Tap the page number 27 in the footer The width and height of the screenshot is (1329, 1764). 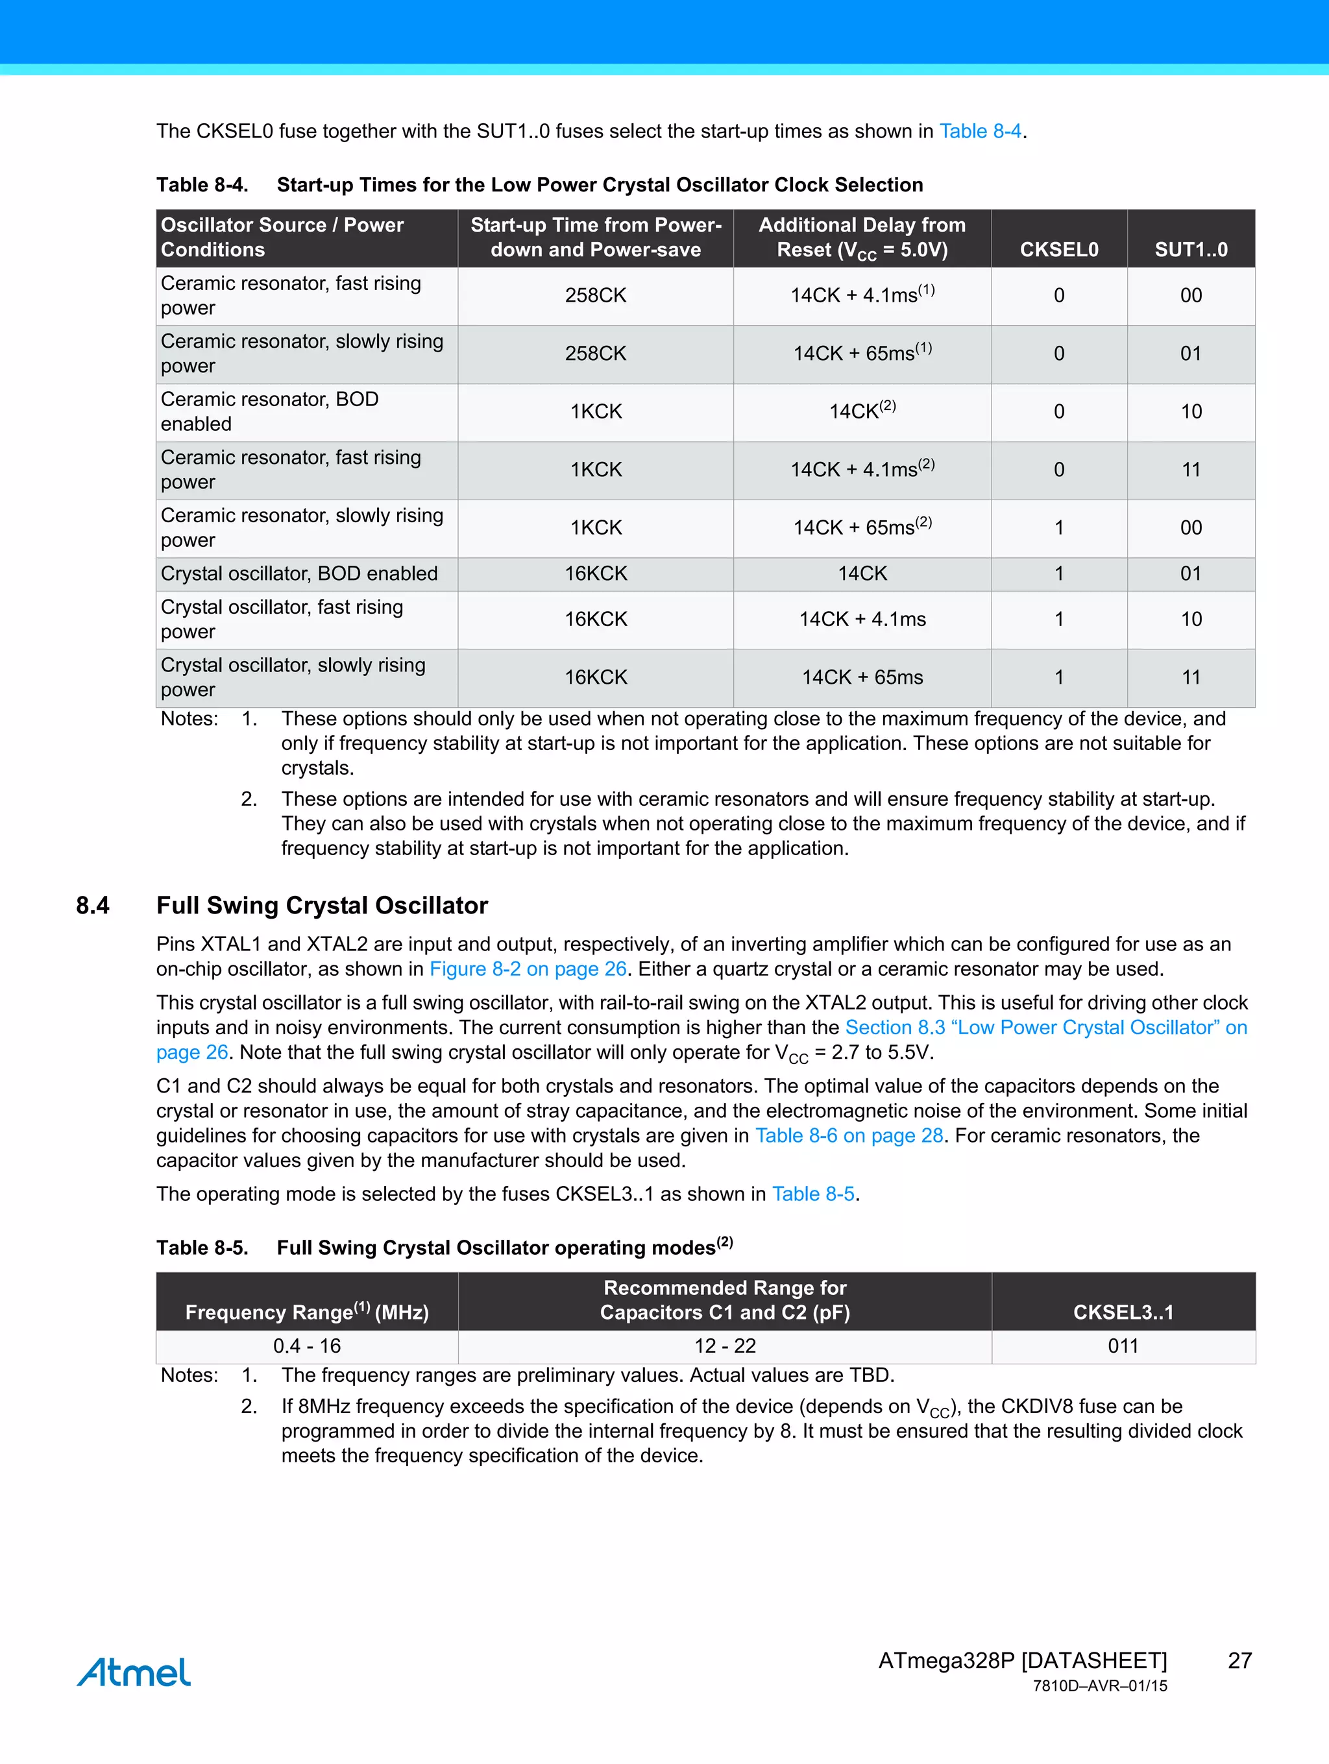(x=1239, y=1660)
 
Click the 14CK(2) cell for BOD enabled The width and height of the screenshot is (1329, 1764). (x=862, y=411)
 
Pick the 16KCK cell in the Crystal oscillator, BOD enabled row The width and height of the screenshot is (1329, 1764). (x=595, y=574)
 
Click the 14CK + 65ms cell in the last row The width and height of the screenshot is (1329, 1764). (x=862, y=677)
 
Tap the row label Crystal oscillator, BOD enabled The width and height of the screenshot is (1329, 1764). (x=299, y=574)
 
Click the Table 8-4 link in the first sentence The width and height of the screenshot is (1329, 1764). (x=980, y=132)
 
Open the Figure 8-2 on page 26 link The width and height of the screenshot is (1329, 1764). (x=528, y=969)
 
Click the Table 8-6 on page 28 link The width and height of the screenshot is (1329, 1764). (x=849, y=1135)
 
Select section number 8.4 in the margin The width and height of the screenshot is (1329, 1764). (x=93, y=906)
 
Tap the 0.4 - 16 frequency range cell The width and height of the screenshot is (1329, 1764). (x=306, y=1346)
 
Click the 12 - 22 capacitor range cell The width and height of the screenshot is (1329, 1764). (x=724, y=1346)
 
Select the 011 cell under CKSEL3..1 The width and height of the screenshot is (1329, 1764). (x=1123, y=1346)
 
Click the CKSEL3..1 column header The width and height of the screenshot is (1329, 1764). (x=1123, y=1312)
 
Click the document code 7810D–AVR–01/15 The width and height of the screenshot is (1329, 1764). (x=1099, y=1686)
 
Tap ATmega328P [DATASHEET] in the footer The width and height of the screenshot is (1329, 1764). (x=1022, y=1660)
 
